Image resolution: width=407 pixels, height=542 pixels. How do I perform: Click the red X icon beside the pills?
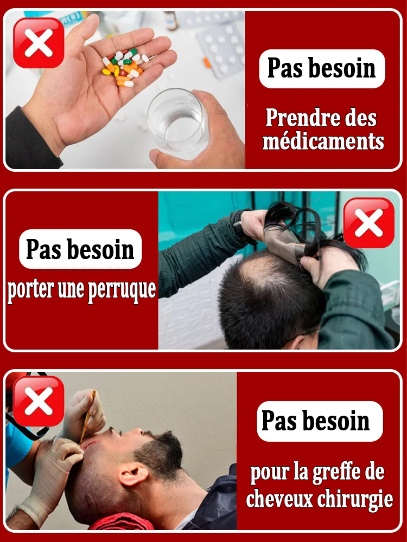click(39, 43)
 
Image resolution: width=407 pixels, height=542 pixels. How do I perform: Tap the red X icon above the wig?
click(369, 223)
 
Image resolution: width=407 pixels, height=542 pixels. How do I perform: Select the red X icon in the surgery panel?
click(39, 401)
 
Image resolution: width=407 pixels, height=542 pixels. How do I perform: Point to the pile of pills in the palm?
click(124, 68)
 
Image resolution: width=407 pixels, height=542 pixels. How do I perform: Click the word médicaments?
click(323, 141)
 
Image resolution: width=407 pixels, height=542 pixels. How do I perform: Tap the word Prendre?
click(298, 118)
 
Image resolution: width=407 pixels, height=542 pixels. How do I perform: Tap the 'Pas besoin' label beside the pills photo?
click(321, 69)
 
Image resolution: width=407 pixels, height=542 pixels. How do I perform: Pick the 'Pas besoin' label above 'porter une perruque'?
click(80, 249)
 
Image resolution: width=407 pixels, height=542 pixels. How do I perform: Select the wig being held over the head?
click(293, 228)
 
